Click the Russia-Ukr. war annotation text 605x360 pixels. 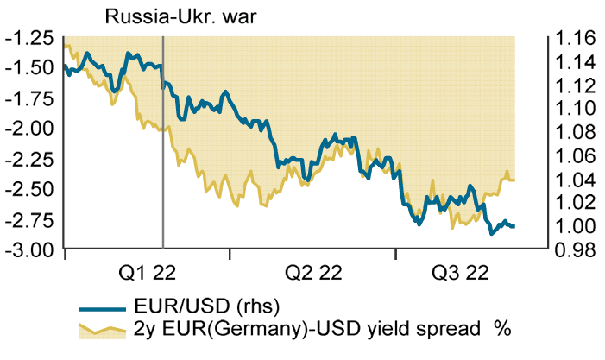168,16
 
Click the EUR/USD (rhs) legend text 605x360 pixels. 207,306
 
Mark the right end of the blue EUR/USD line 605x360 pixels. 515,226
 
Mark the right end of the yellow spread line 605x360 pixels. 515,180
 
